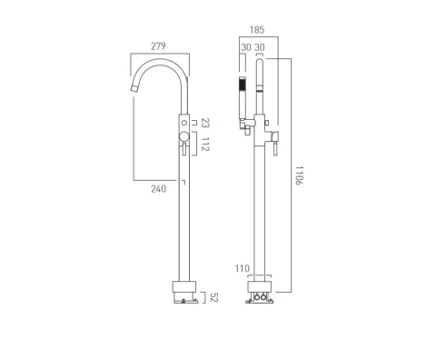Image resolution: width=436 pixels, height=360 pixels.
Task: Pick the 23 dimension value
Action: pyautogui.click(x=206, y=121)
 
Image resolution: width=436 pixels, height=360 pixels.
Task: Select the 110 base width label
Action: pyautogui.click(x=242, y=269)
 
